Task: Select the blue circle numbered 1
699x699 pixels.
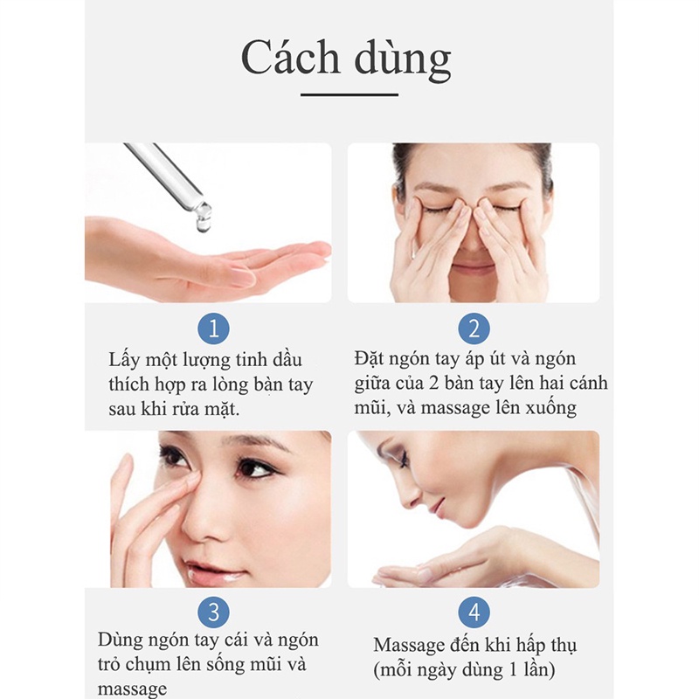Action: coord(214,329)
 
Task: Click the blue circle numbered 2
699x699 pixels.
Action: coord(474,329)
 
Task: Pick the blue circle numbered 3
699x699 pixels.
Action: coord(214,611)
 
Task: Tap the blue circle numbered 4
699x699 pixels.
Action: coord(474,611)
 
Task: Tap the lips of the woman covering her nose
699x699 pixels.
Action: coord(474,266)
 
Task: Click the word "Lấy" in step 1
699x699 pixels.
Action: coord(125,360)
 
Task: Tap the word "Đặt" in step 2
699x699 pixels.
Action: coord(371,359)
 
